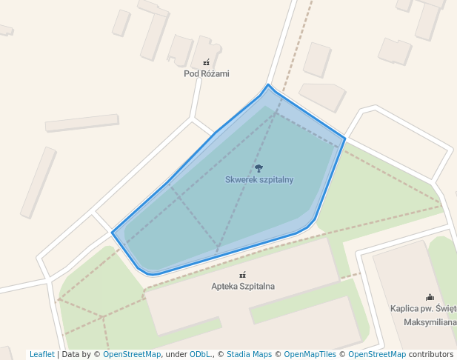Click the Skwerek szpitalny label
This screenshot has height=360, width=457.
coord(259,180)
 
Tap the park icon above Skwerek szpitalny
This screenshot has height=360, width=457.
coord(258,168)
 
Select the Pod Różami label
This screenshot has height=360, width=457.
coord(207,73)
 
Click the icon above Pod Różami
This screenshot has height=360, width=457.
coord(207,62)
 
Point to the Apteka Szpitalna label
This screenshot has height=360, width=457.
coord(243,286)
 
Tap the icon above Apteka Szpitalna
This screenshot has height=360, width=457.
coord(242,275)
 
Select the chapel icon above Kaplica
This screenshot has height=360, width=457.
coord(430,297)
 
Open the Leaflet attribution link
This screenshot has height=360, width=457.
coord(41,355)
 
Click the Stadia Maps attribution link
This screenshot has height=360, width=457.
coord(249,355)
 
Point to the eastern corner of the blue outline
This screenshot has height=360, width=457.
coord(345,138)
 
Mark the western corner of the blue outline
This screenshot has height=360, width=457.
coord(113,233)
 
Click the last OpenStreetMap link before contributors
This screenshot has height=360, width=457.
coord(376,355)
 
